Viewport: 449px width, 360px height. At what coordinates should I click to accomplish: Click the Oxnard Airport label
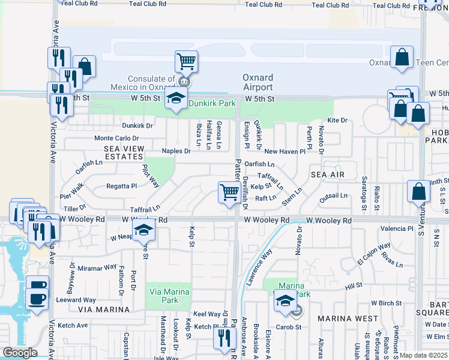(258, 82)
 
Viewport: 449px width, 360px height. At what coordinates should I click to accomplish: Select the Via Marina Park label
(170, 296)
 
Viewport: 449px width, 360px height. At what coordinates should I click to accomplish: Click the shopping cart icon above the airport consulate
(187, 61)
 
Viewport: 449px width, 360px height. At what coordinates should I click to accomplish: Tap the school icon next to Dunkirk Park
(176, 99)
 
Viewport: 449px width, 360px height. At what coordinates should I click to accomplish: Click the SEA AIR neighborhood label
(328, 174)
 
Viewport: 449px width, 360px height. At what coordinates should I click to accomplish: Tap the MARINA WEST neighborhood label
(348, 318)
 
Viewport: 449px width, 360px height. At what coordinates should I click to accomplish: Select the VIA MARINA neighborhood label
(104, 310)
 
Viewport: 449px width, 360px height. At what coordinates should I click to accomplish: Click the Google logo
(20, 353)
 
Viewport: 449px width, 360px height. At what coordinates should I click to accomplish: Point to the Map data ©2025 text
(424, 355)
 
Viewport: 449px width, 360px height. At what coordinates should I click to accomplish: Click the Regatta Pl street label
(122, 186)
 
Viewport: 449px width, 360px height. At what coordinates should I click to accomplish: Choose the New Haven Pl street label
(281, 152)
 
